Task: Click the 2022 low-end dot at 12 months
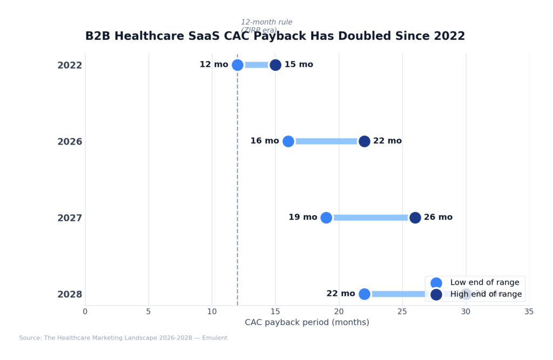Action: [x=238, y=65]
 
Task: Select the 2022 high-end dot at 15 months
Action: [x=275, y=65]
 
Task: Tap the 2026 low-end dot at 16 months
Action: [x=288, y=141]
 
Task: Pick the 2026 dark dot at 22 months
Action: [x=365, y=141]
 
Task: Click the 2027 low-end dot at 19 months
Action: [x=326, y=218]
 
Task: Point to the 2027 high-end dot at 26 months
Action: [x=415, y=218]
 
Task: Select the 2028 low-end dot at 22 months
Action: [x=365, y=294]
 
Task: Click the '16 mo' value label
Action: [x=265, y=141]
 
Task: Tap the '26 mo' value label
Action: [x=438, y=218]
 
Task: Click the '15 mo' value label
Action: [x=299, y=65]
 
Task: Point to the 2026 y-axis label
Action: [x=70, y=142]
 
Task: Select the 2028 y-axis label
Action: [x=70, y=295]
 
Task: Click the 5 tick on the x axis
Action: [x=149, y=311]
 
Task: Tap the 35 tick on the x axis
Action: [x=529, y=311]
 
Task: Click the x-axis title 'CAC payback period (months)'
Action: [x=307, y=322]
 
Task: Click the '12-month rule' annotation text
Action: [x=266, y=22]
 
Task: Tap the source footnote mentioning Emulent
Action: [x=123, y=338]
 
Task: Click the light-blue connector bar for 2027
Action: [x=370, y=218]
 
